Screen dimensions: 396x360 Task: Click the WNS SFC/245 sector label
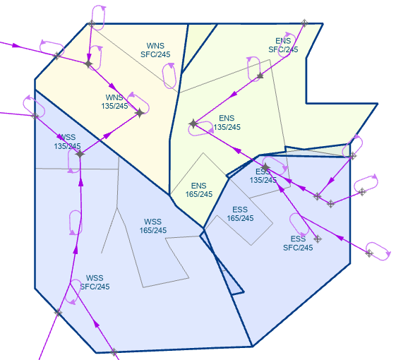point(155,50)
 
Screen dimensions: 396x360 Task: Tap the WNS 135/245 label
point(114,102)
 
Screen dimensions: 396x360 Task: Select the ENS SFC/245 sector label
point(283,45)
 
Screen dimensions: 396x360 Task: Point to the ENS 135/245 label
point(227,123)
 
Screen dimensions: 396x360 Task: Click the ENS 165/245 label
point(199,190)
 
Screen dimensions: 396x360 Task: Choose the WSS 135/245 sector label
point(67,142)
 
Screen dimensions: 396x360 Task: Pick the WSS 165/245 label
point(152,226)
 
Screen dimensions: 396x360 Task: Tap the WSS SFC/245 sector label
point(95,282)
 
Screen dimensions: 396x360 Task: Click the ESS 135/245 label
point(263,176)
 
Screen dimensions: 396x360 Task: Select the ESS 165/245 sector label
point(240,214)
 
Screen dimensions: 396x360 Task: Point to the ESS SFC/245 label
point(298,243)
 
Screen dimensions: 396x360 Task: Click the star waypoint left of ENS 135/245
point(193,124)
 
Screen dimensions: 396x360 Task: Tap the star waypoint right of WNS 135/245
point(140,113)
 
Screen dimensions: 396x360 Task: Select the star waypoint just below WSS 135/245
point(80,154)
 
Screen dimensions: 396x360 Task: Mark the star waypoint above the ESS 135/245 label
point(265,167)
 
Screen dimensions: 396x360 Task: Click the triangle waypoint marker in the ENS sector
point(260,76)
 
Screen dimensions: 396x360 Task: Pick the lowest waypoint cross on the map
point(114,352)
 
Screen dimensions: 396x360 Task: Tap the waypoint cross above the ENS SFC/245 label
point(304,23)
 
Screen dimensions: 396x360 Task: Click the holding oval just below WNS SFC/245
point(169,76)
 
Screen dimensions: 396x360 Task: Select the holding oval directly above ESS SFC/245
point(299,224)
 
